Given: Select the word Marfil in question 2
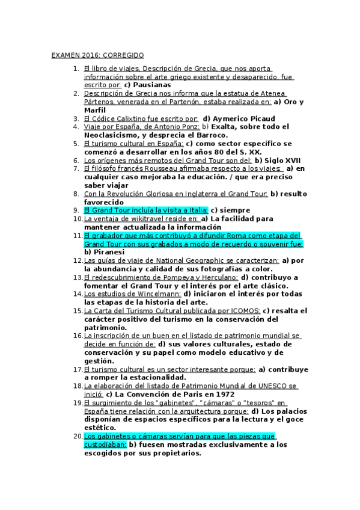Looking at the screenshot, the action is pos(96,110).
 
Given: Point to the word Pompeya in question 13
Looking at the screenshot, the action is pos(175,277).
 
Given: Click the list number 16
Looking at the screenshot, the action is pos(78,336).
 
